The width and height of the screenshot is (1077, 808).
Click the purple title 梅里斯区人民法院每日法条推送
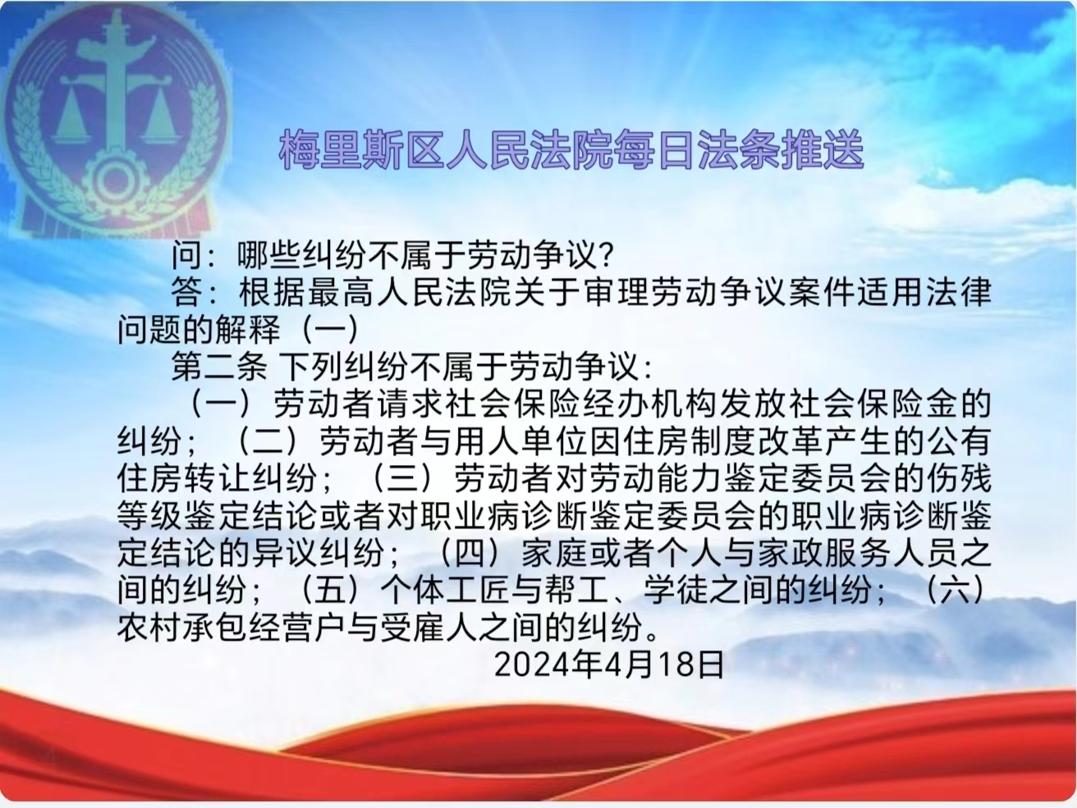coord(571,150)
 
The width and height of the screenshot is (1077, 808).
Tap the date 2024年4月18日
coord(609,665)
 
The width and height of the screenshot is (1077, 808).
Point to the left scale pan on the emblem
coord(71,119)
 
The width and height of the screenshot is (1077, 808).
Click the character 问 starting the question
coord(186,255)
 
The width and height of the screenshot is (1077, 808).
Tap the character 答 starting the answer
coord(186,292)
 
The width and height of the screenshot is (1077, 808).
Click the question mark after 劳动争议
coord(607,255)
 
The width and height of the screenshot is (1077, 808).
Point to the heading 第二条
coord(219,366)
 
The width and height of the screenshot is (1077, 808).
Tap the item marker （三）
coord(402,478)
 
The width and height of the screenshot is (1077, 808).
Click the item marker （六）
coord(955,590)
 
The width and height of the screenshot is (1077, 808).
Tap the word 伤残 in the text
coord(957,478)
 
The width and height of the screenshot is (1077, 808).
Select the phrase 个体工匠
coord(445,590)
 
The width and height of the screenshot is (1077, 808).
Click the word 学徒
coord(676,590)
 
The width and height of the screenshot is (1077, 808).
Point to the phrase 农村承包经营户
coord(232,627)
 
